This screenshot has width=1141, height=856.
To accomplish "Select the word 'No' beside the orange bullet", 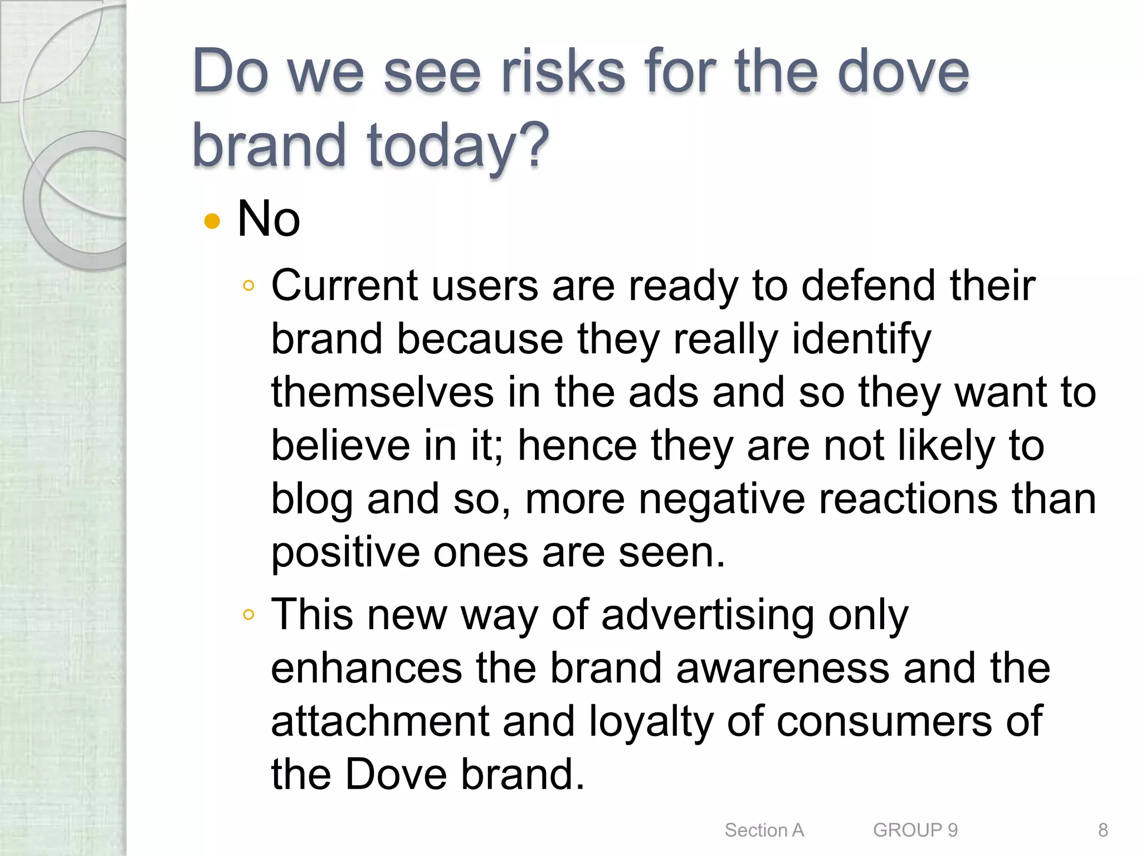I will point(269,218).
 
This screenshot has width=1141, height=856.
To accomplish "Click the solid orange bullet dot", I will point(212,221).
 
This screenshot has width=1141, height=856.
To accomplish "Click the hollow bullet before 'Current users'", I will point(248,286).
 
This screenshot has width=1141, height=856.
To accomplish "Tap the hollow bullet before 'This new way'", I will point(248,615).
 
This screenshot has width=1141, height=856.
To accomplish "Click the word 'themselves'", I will point(382,392).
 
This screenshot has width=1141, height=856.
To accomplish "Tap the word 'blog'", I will point(311,499).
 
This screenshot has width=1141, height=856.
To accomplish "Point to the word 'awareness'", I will point(782,668).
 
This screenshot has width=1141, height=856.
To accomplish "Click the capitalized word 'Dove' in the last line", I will point(396,774).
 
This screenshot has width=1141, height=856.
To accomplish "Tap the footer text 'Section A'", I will point(764,830).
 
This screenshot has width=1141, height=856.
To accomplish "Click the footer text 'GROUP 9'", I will point(915,830).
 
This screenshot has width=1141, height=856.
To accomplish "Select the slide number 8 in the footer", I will point(1103,830).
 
